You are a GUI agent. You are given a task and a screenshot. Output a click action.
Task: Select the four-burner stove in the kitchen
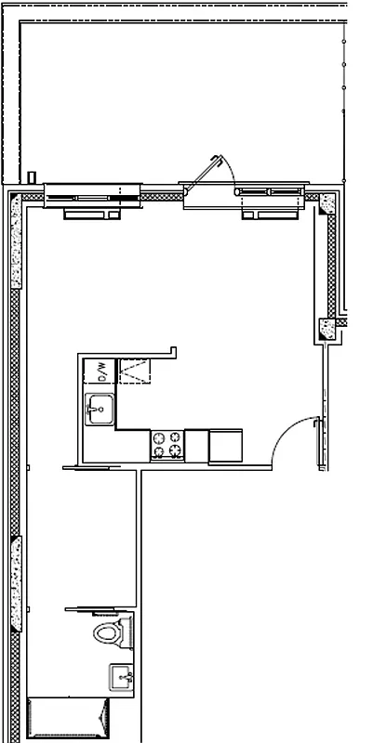tap(167, 444)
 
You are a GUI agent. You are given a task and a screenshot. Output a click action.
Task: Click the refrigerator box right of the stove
tap(225, 445)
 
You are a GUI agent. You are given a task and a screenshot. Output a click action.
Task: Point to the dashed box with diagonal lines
tap(131, 371)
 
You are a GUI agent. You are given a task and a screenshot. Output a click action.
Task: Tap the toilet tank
tap(127, 634)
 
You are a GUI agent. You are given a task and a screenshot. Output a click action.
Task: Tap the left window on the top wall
tap(91, 193)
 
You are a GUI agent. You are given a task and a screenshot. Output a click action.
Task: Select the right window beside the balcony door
tap(271, 191)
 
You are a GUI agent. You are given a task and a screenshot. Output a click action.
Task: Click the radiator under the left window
tap(94, 213)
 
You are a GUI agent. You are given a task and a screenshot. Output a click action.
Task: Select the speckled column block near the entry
tap(327, 328)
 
